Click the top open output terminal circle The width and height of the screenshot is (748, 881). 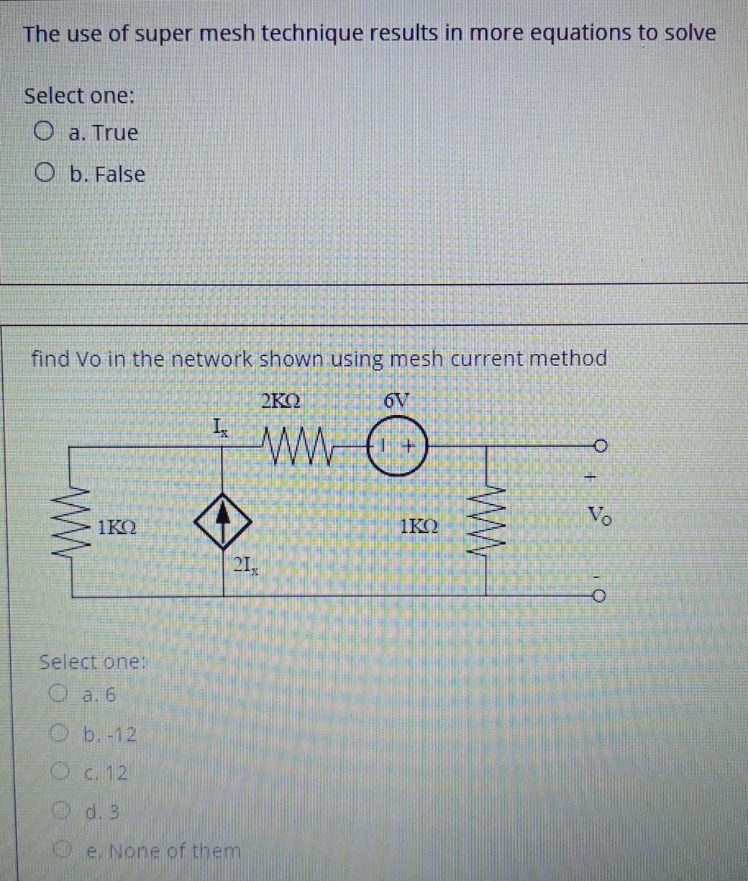pyautogui.click(x=602, y=447)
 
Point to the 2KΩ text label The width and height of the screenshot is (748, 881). pyautogui.click(x=281, y=401)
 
